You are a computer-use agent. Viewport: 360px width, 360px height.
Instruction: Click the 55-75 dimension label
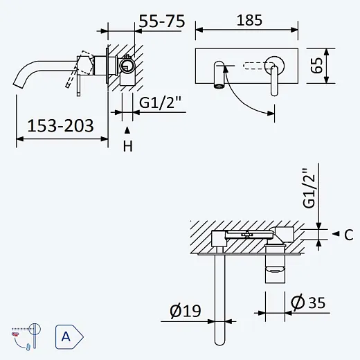coord(162,21)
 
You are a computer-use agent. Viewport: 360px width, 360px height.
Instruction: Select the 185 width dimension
coord(249,20)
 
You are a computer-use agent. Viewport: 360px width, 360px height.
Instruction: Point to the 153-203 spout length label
coord(60,126)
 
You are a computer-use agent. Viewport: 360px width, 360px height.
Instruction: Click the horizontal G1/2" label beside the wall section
coord(160,102)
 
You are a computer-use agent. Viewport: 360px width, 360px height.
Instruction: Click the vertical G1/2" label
coord(309,188)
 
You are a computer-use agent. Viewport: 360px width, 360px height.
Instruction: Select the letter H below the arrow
coord(128,146)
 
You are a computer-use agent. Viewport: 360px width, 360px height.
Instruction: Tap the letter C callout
coord(349,235)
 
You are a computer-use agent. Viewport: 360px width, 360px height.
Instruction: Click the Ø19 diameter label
coord(186,311)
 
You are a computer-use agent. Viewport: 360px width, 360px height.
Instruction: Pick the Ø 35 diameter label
coord(308,303)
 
